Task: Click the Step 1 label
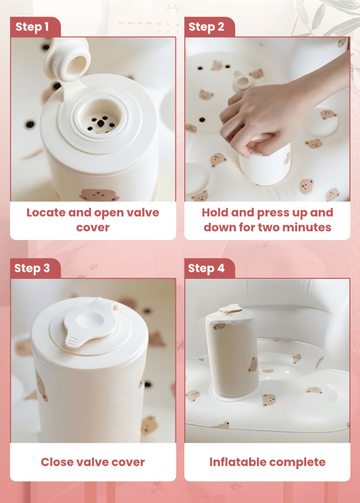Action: (32, 27)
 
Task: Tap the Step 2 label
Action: (207, 27)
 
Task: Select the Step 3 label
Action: (32, 268)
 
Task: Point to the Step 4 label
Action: (206, 268)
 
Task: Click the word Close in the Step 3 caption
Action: (54, 462)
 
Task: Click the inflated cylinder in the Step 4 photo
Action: (231, 353)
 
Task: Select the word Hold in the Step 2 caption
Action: (215, 213)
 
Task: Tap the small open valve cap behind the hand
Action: (243, 82)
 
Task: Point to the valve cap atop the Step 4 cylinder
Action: (231, 309)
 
